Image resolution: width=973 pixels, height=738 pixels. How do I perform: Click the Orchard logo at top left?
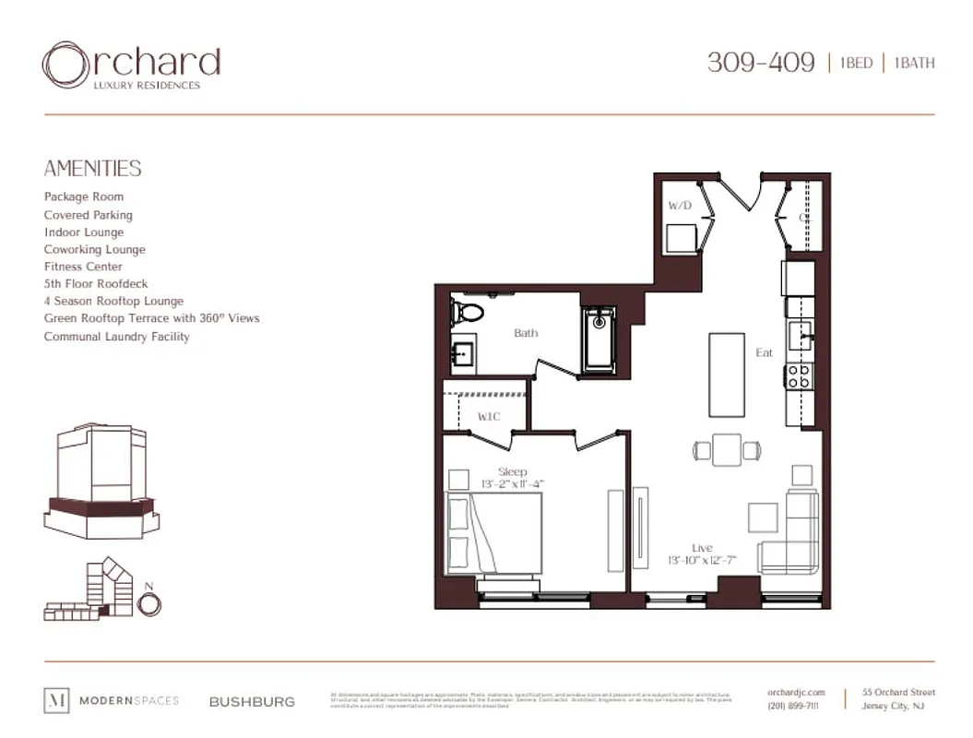[131, 65]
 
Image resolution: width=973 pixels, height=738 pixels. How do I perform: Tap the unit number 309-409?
[761, 63]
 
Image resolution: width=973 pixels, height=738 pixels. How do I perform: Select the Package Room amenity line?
[84, 196]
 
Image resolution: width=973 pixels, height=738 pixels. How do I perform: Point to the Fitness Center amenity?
[83, 267]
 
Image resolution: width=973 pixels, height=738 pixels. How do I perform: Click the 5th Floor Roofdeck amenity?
[96, 284]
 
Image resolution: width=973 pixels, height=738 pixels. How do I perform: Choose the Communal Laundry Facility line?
[117, 337]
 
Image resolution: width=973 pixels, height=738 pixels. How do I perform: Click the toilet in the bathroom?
[467, 312]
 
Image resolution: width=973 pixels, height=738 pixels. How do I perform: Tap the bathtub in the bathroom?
[600, 340]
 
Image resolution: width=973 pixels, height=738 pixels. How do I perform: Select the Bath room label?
[526, 333]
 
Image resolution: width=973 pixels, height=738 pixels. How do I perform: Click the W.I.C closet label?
[488, 416]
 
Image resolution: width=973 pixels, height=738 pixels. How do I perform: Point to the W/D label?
[680, 206]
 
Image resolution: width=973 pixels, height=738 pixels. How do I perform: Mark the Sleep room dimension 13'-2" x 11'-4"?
[513, 483]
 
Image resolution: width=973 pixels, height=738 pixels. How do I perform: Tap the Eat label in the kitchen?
[764, 352]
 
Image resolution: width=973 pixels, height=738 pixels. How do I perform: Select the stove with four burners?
[799, 375]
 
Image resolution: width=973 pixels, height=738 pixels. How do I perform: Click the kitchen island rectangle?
[726, 375]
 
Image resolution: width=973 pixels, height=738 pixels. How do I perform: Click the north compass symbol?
[148, 601]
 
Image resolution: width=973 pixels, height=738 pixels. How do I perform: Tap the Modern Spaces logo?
[112, 701]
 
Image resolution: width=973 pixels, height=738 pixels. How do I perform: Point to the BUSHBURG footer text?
[252, 701]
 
